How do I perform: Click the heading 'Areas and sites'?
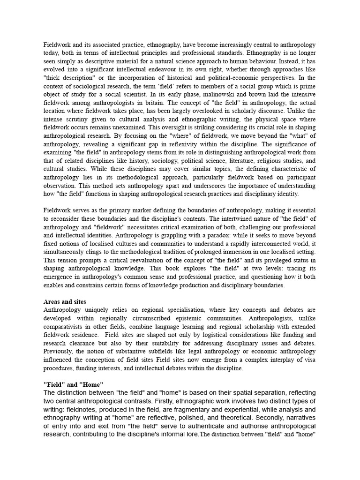tap(65, 302)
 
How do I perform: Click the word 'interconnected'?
tap(276, 253)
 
